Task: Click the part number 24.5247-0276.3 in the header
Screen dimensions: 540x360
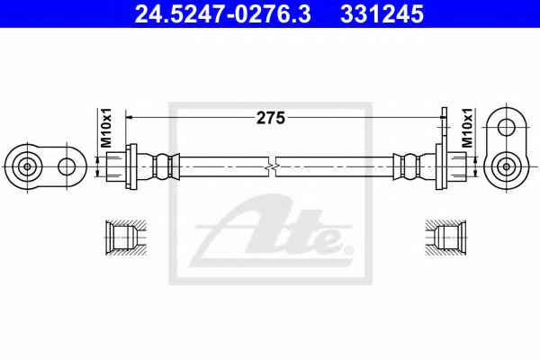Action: [x=222, y=14]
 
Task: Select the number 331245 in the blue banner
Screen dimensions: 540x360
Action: [x=382, y=14]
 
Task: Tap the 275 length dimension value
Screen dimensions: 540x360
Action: [x=271, y=118]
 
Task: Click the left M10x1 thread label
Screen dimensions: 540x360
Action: [x=107, y=128]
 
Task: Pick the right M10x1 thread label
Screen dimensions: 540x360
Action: [x=467, y=128]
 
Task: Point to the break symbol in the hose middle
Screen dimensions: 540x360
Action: [x=272, y=166]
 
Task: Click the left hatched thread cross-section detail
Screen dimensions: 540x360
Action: [x=126, y=238]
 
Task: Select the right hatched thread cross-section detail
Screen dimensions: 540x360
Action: [x=446, y=238]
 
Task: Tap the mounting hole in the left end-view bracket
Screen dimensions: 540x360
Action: [x=67, y=166]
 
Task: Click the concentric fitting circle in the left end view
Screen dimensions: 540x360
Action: [x=27, y=166]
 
